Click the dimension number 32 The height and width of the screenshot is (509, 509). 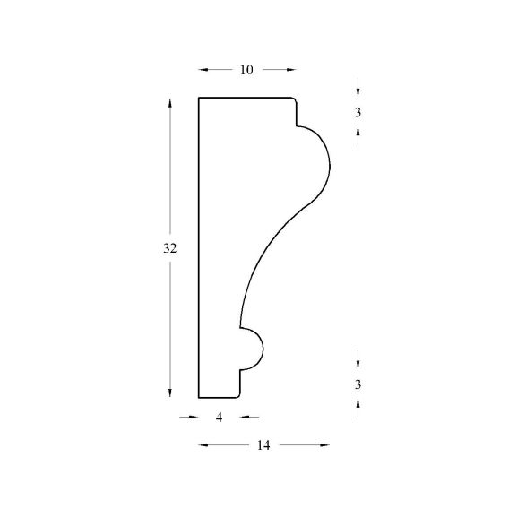169,248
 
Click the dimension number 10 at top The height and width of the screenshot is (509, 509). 246,70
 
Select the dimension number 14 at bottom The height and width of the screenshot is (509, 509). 263,445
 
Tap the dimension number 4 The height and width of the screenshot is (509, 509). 220,418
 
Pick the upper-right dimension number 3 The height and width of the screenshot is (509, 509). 358,113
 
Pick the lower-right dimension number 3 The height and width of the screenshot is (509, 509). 358,384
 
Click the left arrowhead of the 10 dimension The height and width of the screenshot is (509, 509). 203,70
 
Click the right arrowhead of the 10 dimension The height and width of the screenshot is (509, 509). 291,70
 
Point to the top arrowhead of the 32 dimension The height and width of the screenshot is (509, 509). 169,102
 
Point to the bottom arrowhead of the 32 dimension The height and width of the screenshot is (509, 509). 169,393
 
